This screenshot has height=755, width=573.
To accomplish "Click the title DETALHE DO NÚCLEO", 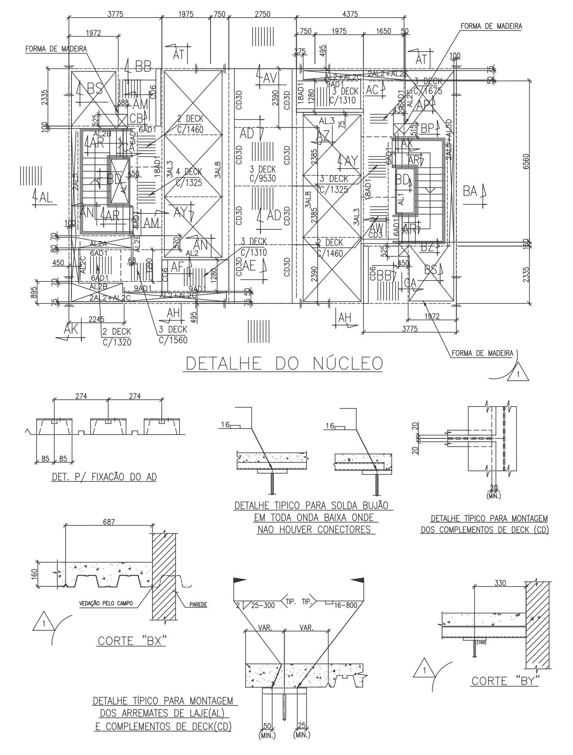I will tap(284, 364).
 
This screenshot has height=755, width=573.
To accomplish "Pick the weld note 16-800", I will tap(346, 605).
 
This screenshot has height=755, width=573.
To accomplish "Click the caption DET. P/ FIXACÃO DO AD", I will tap(104, 477).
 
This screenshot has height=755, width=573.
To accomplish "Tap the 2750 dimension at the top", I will tap(262, 14).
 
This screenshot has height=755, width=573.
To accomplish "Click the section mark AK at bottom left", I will tap(71, 330).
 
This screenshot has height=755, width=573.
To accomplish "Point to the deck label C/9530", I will tap(262, 178).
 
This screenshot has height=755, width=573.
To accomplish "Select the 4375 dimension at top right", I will tap(350, 14).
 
